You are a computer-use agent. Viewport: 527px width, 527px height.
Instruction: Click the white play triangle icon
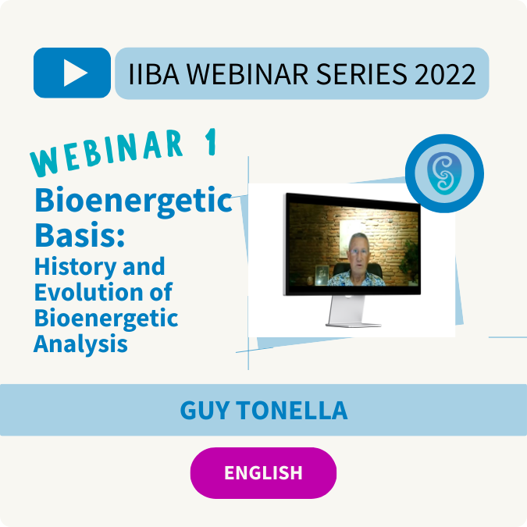pyautogui.click(x=75, y=73)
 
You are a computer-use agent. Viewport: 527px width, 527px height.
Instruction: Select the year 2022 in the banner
pyautogui.click(x=445, y=74)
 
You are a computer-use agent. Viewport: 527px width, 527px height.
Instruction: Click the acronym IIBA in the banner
pyautogui.click(x=154, y=74)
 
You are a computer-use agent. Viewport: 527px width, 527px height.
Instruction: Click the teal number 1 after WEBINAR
pyautogui.click(x=211, y=142)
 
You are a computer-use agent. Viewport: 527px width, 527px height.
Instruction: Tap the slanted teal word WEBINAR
pyautogui.click(x=107, y=153)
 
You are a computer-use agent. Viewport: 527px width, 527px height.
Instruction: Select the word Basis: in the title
pyautogui.click(x=80, y=234)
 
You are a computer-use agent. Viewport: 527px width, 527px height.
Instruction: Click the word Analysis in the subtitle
pyautogui.click(x=80, y=344)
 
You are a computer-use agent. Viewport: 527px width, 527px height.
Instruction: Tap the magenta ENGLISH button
pyautogui.click(x=263, y=472)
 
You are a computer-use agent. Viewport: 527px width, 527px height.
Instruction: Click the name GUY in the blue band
pyautogui.click(x=205, y=410)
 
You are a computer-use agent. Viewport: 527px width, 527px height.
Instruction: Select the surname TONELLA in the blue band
pyautogui.click(x=292, y=410)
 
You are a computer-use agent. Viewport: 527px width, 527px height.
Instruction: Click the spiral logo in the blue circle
pyautogui.click(x=444, y=173)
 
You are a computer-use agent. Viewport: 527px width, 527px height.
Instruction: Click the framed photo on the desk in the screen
pyautogui.click(x=322, y=276)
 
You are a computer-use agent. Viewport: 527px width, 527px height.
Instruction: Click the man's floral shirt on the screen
pyautogui.click(x=356, y=279)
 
